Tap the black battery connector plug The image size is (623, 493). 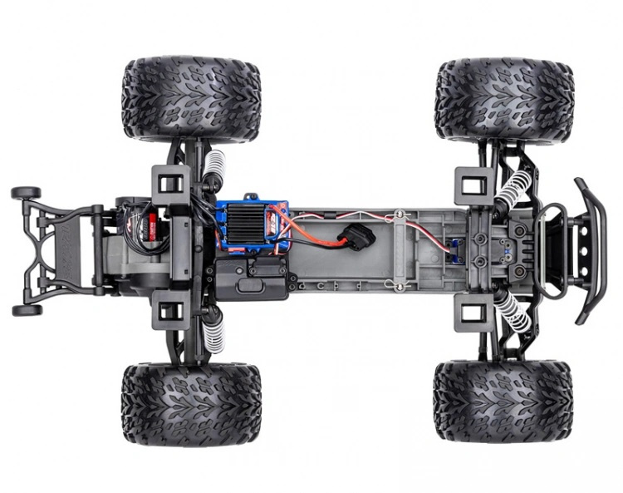[359, 237]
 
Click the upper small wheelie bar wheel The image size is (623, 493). [25, 193]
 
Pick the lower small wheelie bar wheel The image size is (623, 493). [25, 310]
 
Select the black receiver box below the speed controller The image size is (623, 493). [252, 279]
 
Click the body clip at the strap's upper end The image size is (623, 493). [400, 214]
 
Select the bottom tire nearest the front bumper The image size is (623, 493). [503, 401]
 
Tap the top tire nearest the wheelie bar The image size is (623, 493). [191, 97]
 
